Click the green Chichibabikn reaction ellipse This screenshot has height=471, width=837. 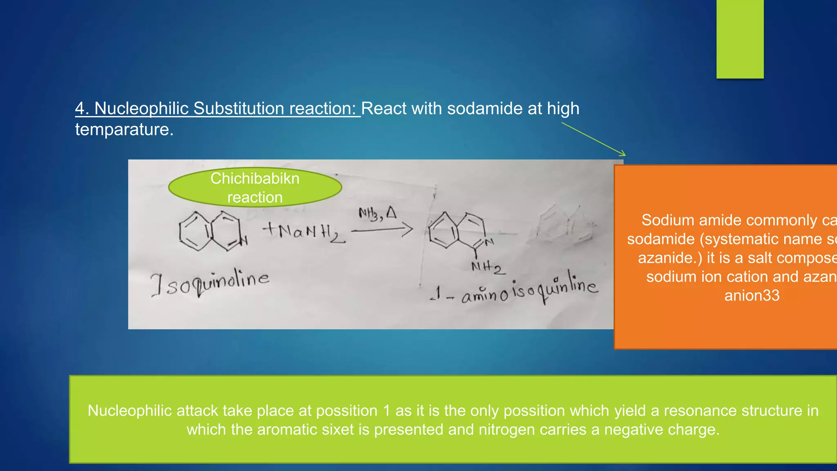tap(255, 188)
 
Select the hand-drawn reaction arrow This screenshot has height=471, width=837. tap(382, 230)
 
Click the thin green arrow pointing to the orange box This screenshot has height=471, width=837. tap(593, 139)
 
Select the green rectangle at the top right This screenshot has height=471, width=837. tap(740, 39)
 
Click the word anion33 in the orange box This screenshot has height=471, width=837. tap(752, 296)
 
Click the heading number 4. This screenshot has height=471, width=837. tap(80, 109)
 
